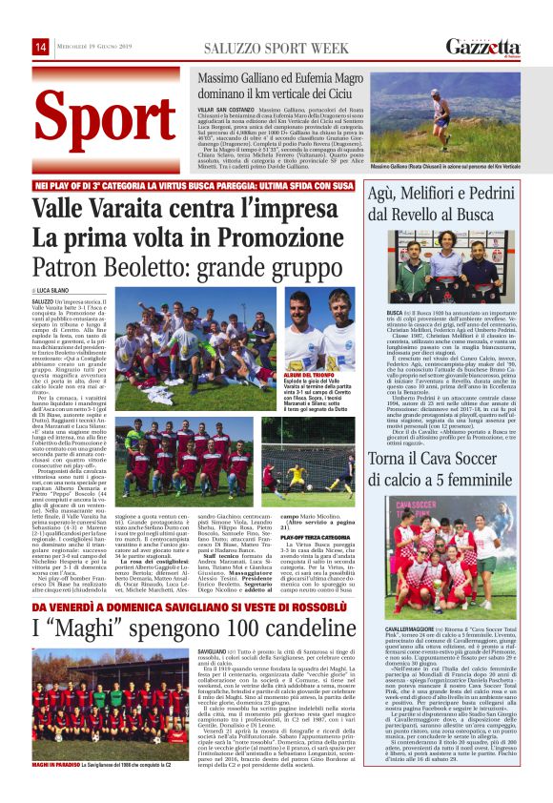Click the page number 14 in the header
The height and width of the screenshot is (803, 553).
point(41,47)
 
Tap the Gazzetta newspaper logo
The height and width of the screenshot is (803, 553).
point(483,47)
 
